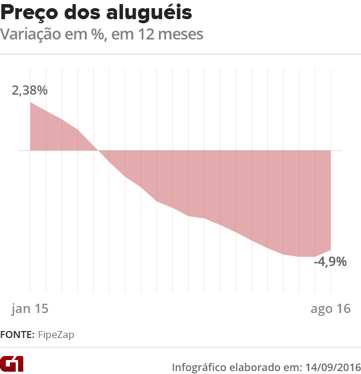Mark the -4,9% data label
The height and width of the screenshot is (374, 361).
330,261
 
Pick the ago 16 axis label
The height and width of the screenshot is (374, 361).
330,308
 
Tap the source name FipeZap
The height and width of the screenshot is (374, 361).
56,335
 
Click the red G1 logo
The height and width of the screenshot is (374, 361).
12,364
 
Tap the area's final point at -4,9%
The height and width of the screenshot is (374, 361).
331,250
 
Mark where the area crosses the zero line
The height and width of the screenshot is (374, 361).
98,150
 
